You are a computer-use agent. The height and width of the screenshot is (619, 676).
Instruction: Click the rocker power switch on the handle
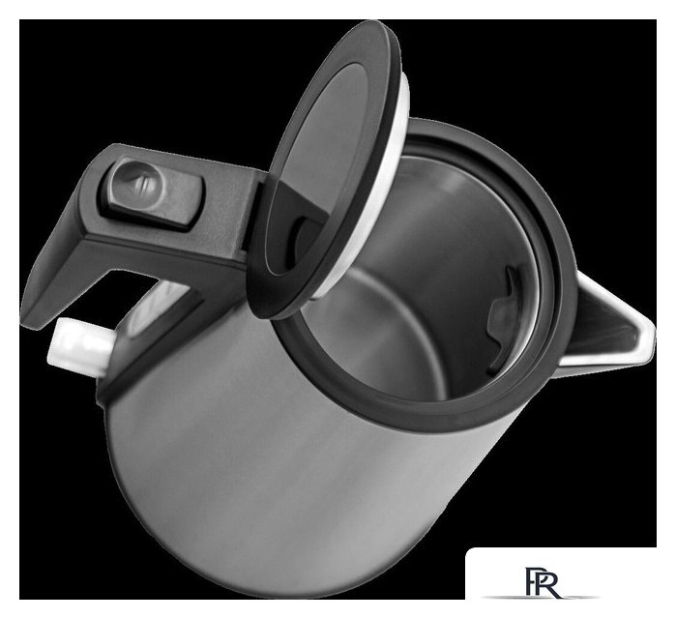pos(152,193)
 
